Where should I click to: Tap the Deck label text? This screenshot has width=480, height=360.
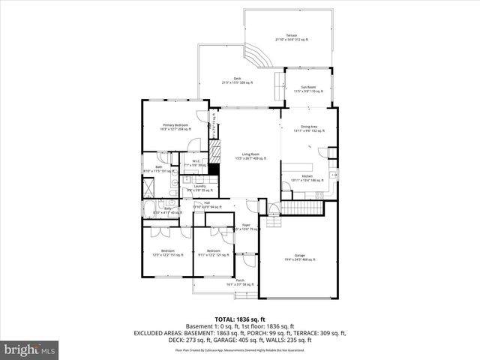point(237,80)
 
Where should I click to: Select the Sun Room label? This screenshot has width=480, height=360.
point(306,89)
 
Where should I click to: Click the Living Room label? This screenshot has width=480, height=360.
point(250,156)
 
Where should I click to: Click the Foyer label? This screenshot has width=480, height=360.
point(245,227)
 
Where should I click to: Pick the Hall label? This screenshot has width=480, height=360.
point(205,204)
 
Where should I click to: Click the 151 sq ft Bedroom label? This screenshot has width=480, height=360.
point(168,253)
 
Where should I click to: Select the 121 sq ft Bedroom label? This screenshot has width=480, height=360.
point(214,253)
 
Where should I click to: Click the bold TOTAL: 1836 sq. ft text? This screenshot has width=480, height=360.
point(239,319)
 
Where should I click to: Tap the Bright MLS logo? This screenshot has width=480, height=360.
point(30,349)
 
